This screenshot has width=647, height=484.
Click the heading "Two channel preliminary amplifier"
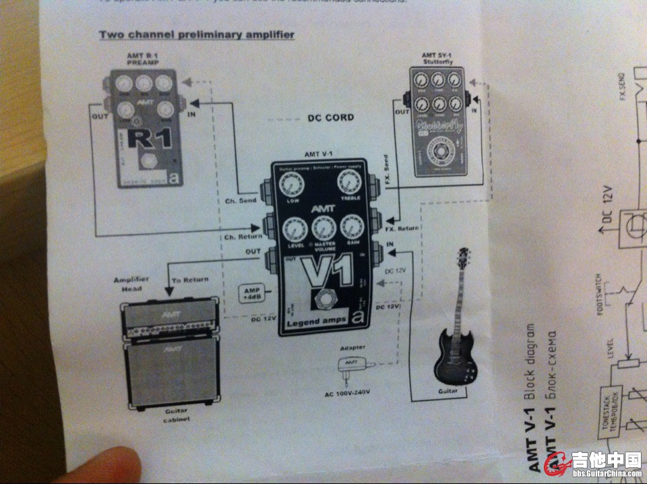point(196,34)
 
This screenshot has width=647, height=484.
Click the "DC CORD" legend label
point(330,118)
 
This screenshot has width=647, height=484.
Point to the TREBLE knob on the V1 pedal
point(348,181)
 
